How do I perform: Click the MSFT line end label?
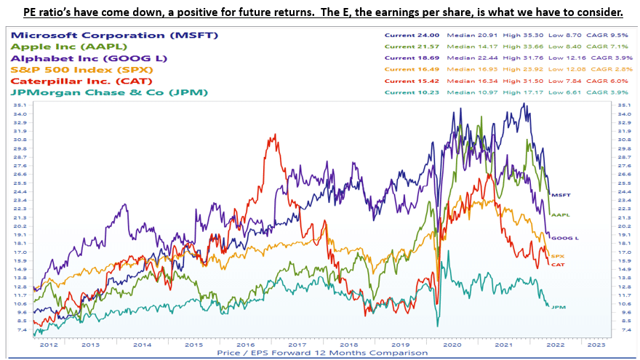tap(561, 196)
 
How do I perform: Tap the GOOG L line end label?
tap(564, 238)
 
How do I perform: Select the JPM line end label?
tap(558, 308)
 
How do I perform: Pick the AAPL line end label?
tap(561, 215)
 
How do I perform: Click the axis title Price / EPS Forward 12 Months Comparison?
tap(321, 353)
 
